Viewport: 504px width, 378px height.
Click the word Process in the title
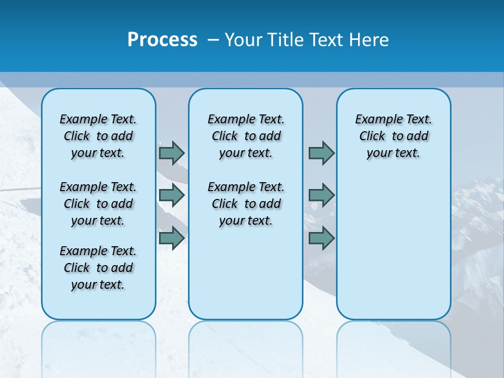click(x=162, y=40)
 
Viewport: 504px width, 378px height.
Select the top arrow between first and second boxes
click(x=172, y=153)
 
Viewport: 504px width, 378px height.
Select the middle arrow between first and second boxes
click(x=172, y=195)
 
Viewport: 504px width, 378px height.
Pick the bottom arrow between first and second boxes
click(x=172, y=238)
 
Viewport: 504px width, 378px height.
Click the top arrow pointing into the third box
click(x=321, y=153)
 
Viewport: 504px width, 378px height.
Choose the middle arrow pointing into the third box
click(x=321, y=195)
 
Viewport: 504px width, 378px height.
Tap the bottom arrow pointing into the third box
click(x=321, y=238)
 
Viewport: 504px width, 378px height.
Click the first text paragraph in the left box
click(x=98, y=136)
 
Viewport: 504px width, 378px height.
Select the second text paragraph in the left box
click(x=98, y=204)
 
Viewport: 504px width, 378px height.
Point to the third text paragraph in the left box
click(x=98, y=268)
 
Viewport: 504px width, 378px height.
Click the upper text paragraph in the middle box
click(x=246, y=136)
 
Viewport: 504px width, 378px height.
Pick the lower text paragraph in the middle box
click(x=246, y=204)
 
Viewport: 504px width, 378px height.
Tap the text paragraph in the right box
click(x=394, y=136)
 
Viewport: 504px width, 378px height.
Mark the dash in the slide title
click(x=213, y=40)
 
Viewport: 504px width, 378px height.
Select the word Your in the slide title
click(x=244, y=40)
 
